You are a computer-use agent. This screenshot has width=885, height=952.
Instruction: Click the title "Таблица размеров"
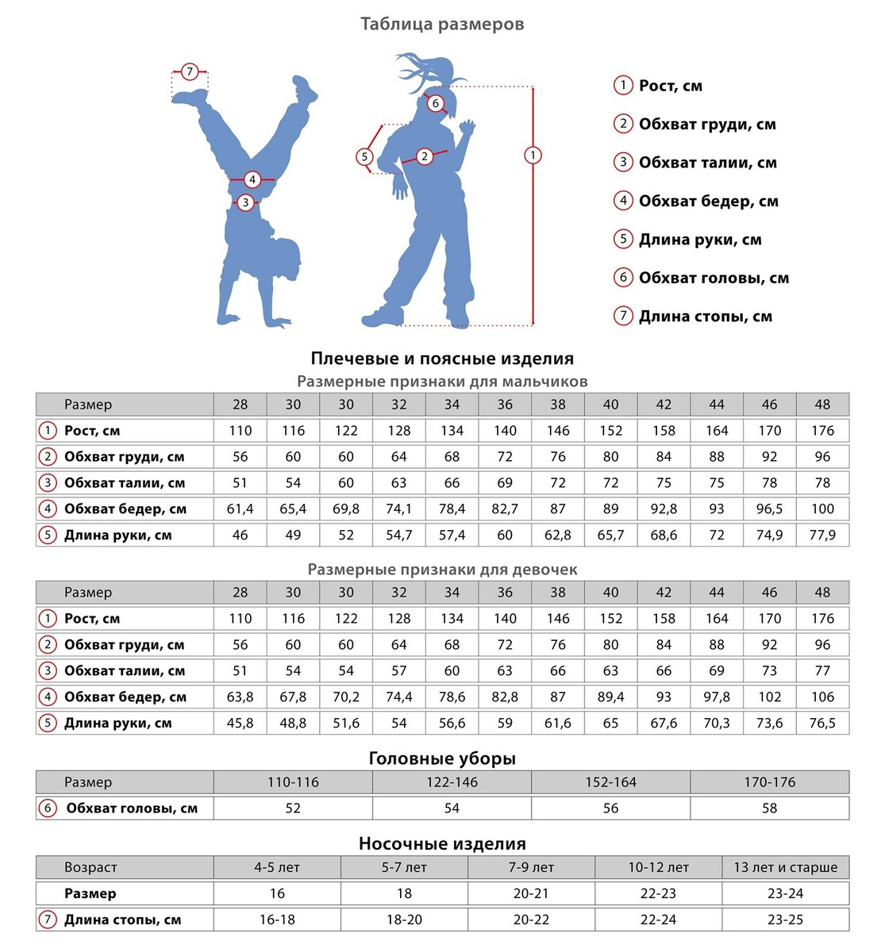tap(442, 24)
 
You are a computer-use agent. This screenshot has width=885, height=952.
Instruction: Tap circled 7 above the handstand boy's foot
tap(190, 72)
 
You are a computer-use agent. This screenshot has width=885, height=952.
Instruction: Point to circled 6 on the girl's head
tap(435, 103)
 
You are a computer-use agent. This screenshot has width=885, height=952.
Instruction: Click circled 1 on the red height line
tap(533, 155)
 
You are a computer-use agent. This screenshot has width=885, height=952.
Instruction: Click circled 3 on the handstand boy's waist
tap(245, 203)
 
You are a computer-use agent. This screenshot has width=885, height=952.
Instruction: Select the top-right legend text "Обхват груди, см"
tap(706, 124)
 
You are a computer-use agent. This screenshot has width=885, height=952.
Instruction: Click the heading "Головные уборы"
tap(442, 758)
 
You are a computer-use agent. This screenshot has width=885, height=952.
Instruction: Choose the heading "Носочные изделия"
tap(442, 843)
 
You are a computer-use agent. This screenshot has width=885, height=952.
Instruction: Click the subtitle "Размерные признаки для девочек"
tap(442, 570)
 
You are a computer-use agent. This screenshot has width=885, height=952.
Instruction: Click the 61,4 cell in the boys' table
tap(240, 509)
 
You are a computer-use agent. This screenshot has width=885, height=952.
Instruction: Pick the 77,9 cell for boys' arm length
tap(822, 535)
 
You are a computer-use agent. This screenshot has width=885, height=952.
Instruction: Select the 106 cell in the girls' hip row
tap(822, 697)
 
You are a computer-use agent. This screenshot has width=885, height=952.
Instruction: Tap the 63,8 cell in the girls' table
tap(240, 697)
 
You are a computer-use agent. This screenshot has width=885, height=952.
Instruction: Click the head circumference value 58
tap(769, 808)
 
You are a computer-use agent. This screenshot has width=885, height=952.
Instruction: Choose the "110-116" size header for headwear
tap(293, 782)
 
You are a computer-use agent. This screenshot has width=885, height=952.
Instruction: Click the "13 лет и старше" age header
tap(785, 867)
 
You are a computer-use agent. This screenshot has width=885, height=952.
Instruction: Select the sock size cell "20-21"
tap(531, 893)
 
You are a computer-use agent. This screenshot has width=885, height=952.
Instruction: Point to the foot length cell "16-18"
tap(277, 920)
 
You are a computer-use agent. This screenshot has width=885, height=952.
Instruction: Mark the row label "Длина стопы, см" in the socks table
tap(122, 920)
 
